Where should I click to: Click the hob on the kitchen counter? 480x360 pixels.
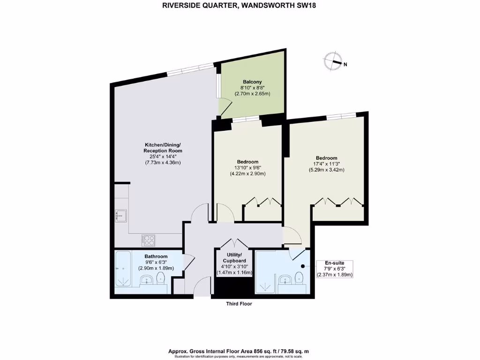click(149, 240)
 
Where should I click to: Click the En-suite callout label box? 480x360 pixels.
click(334, 269)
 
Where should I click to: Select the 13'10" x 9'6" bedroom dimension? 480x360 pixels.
click(247, 168)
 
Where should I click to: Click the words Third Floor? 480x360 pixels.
click(239, 304)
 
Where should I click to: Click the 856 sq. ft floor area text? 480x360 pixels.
click(239, 351)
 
